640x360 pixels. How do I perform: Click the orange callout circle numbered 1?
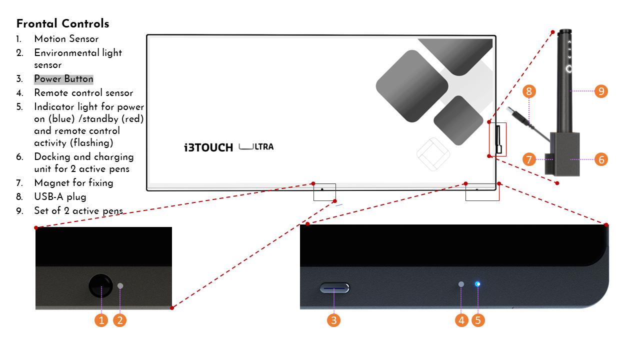point(101,320)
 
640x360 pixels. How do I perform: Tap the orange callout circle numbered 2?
point(119,320)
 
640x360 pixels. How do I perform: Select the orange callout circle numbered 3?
point(334,320)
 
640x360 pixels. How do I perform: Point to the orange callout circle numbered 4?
point(461,320)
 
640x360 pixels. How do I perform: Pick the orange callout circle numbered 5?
point(478,320)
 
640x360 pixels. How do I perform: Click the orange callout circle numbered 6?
point(601,159)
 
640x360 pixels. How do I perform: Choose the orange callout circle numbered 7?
point(529,159)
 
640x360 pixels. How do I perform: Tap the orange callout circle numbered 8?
point(529,91)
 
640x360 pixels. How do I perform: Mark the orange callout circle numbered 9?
point(601,91)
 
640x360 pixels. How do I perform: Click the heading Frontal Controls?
point(62,23)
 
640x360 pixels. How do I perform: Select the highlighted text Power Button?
point(63,79)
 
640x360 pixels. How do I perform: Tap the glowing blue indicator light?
point(478,284)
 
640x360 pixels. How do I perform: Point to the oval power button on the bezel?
point(334,288)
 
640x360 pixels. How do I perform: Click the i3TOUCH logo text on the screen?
point(208,147)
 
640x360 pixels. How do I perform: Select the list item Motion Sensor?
point(66,39)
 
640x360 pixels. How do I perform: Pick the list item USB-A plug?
point(60,197)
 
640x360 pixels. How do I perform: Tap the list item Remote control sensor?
point(83,93)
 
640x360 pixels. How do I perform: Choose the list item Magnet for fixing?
point(73,183)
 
